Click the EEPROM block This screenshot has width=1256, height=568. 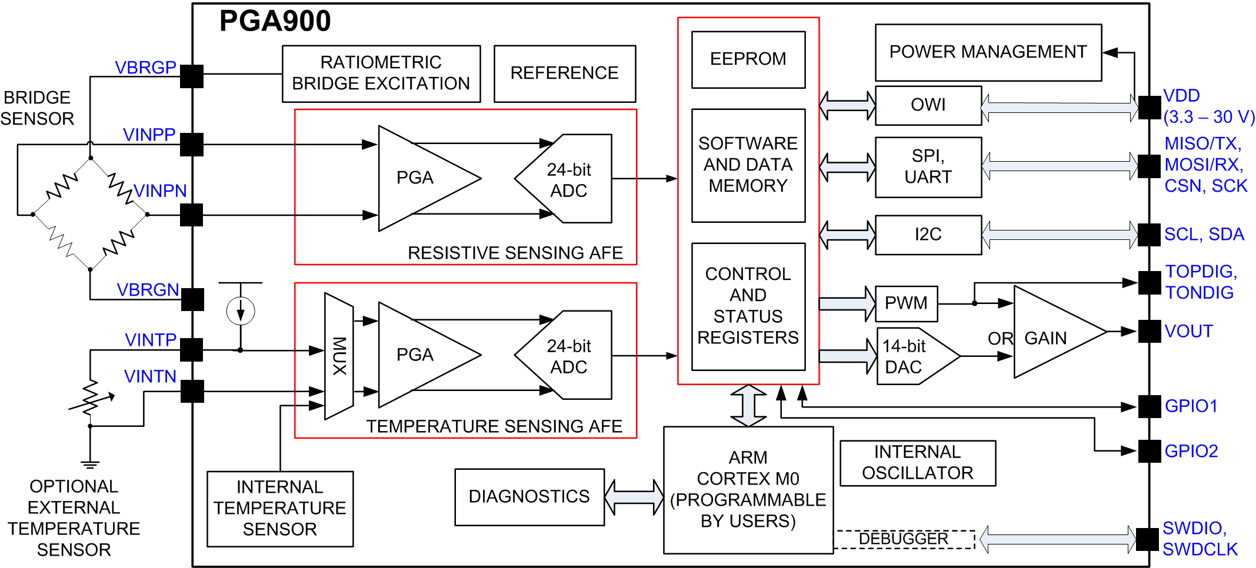(x=748, y=59)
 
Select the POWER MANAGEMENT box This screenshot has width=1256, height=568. (x=988, y=52)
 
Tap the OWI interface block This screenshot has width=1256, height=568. (x=928, y=105)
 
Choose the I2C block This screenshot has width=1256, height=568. (x=928, y=235)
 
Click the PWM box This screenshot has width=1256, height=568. (x=906, y=303)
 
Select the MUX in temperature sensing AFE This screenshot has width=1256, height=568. (x=339, y=356)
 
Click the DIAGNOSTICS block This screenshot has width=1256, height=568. (x=529, y=497)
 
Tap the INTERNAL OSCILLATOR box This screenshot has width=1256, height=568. (x=917, y=463)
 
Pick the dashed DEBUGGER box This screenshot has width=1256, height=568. (x=904, y=539)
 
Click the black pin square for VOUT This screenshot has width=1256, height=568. (x=1148, y=331)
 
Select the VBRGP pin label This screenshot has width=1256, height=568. (x=145, y=68)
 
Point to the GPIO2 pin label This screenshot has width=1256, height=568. (x=1191, y=451)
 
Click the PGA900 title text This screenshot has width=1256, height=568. (x=275, y=21)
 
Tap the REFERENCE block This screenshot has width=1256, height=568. (x=564, y=73)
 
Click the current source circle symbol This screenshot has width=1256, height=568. (x=241, y=311)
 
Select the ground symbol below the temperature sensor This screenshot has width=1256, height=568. (x=90, y=465)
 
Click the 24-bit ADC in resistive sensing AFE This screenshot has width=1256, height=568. (x=568, y=179)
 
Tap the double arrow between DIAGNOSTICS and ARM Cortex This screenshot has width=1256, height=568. (x=634, y=497)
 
